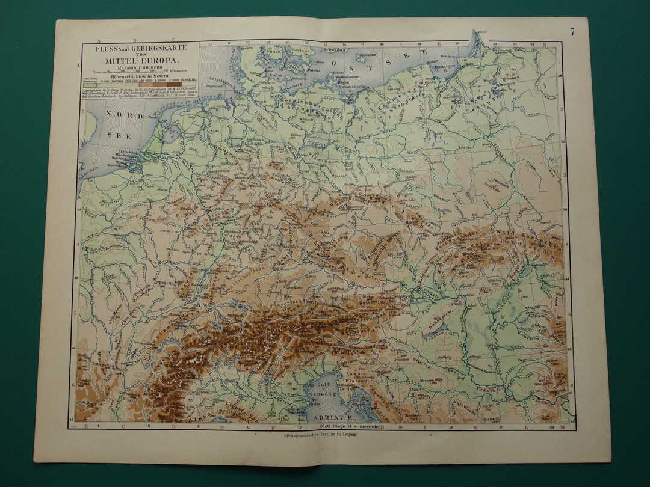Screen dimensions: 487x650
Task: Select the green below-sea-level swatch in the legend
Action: pos(94,84)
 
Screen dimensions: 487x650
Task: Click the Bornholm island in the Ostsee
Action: pos(362,57)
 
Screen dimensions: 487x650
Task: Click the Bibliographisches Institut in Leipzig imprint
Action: pos(317,436)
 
